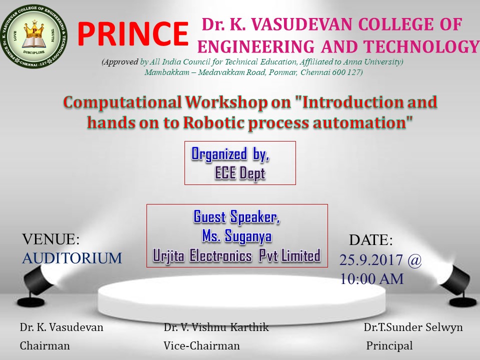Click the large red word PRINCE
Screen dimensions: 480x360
[x=132, y=33]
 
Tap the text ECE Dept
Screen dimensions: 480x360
[x=239, y=173]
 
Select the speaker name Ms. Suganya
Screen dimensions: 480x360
[x=236, y=236]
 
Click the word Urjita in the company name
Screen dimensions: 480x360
[x=168, y=255]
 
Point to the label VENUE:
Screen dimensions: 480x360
[x=51, y=239]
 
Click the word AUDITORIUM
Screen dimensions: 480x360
[x=72, y=258]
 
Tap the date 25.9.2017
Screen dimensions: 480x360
[x=371, y=260]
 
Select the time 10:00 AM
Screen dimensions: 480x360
[x=371, y=279]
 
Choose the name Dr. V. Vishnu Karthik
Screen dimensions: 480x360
[x=216, y=327]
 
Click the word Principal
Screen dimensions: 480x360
[x=389, y=346]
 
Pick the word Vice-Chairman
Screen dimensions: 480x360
[x=201, y=346]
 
